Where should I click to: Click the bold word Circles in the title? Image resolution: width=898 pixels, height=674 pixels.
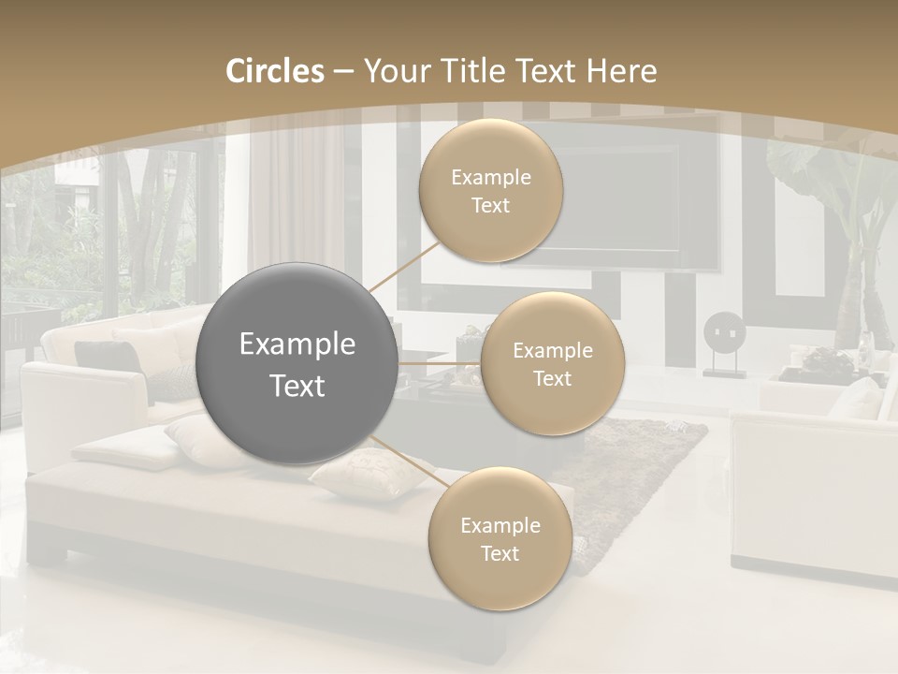click(x=275, y=71)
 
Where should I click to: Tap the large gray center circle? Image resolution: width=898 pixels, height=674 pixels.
click(x=297, y=364)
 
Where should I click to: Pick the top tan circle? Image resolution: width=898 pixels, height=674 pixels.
click(x=490, y=191)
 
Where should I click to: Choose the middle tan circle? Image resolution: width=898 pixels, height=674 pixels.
click(x=552, y=364)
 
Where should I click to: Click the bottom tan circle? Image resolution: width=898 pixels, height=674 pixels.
click(x=500, y=539)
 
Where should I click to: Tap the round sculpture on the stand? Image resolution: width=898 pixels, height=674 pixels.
click(x=724, y=332)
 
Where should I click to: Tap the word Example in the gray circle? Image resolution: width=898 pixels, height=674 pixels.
click(x=297, y=344)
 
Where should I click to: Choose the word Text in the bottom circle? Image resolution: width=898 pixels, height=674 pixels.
click(x=500, y=553)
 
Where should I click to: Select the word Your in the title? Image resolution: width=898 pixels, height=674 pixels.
click(x=394, y=71)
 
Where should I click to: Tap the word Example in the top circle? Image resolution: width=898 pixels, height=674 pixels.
click(x=491, y=177)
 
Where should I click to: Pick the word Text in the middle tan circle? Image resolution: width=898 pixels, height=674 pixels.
click(x=552, y=378)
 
